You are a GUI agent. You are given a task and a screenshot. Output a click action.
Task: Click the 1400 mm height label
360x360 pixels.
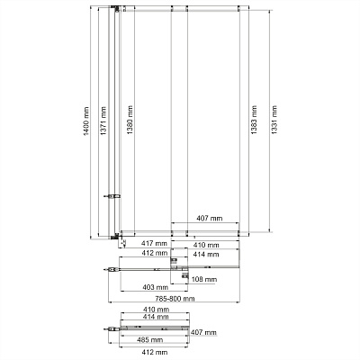click(86, 121)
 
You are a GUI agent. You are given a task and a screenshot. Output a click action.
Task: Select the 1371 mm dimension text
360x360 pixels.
click(103, 121)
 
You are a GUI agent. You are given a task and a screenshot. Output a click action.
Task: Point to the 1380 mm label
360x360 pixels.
click(130, 120)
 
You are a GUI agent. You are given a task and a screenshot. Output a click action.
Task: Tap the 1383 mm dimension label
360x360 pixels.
click(254, 120)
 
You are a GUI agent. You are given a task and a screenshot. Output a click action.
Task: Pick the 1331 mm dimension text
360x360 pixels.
click(274, 120)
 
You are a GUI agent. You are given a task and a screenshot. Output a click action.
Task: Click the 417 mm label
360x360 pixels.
click(154, 243)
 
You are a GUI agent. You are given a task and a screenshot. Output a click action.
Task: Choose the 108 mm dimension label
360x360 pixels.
click(204, 280)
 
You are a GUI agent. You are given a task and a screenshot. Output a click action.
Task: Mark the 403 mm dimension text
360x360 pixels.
click(156, 287)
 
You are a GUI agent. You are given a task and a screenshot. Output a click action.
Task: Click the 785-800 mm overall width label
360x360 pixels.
click(175, 299)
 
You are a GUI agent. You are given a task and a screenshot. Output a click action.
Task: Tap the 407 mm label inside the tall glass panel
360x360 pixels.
click(210, 218)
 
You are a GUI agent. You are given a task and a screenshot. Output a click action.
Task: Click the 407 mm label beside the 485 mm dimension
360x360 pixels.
click(203, 332)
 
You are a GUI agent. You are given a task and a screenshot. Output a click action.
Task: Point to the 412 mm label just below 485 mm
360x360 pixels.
click(154, 352)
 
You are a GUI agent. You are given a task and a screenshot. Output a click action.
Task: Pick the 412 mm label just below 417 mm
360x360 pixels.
click(155, 253)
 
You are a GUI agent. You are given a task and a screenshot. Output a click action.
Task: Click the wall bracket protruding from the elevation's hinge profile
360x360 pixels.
click(112, 196)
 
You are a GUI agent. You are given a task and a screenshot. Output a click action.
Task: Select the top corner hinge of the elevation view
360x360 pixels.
click(114, 8)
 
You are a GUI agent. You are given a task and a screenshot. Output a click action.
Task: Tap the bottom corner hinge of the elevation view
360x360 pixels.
click(114, 238)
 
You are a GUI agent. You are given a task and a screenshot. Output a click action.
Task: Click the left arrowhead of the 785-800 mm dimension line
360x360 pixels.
click(109, 302)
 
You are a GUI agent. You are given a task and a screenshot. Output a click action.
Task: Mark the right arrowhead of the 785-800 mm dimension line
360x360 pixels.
click(238, 302)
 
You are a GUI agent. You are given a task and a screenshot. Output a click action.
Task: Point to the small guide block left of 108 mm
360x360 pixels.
click(185, 276)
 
